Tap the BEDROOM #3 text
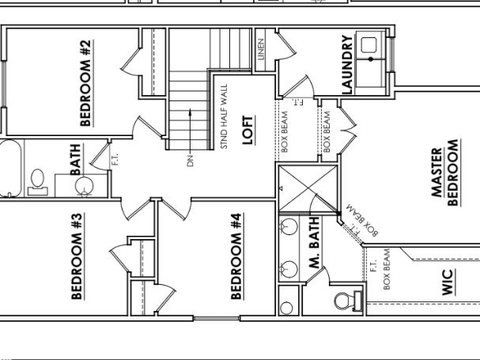tap(77, 256)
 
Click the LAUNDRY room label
tap(346, 65)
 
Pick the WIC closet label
tap(448, 283)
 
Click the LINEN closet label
tap(261, 49)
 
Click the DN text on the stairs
tap(191, 161)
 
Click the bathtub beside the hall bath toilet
tap(8, 168)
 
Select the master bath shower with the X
tap(308, 188)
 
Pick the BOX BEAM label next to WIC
tap(387, 270)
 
